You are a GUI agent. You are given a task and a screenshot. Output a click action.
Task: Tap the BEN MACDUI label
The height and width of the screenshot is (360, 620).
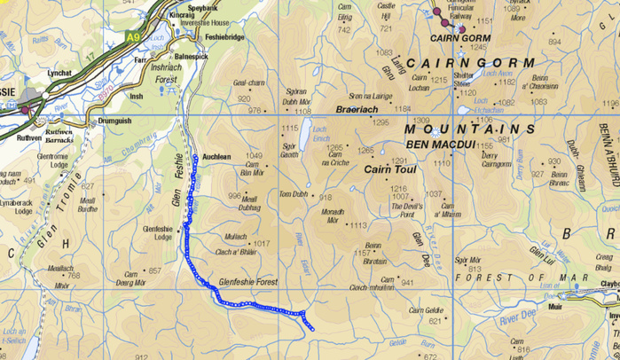click(436, 144)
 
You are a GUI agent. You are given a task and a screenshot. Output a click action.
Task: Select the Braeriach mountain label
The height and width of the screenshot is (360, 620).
click(357, 109)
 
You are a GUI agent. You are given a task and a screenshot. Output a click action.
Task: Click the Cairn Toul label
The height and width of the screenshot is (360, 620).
click(390, 168)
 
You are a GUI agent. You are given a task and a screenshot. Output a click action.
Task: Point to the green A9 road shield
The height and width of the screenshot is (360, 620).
click(133, 37)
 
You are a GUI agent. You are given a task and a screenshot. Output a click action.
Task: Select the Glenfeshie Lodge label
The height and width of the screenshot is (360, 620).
click(157, 232)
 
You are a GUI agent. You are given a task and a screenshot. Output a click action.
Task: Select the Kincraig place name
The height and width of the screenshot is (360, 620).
click(182, 15)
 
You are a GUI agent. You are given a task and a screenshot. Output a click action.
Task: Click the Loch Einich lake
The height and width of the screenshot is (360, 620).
click(306, 137)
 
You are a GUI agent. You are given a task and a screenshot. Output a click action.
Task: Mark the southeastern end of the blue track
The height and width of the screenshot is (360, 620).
click(312, 329)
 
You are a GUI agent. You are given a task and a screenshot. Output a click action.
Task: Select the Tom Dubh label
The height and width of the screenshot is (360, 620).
click(293, 194)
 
